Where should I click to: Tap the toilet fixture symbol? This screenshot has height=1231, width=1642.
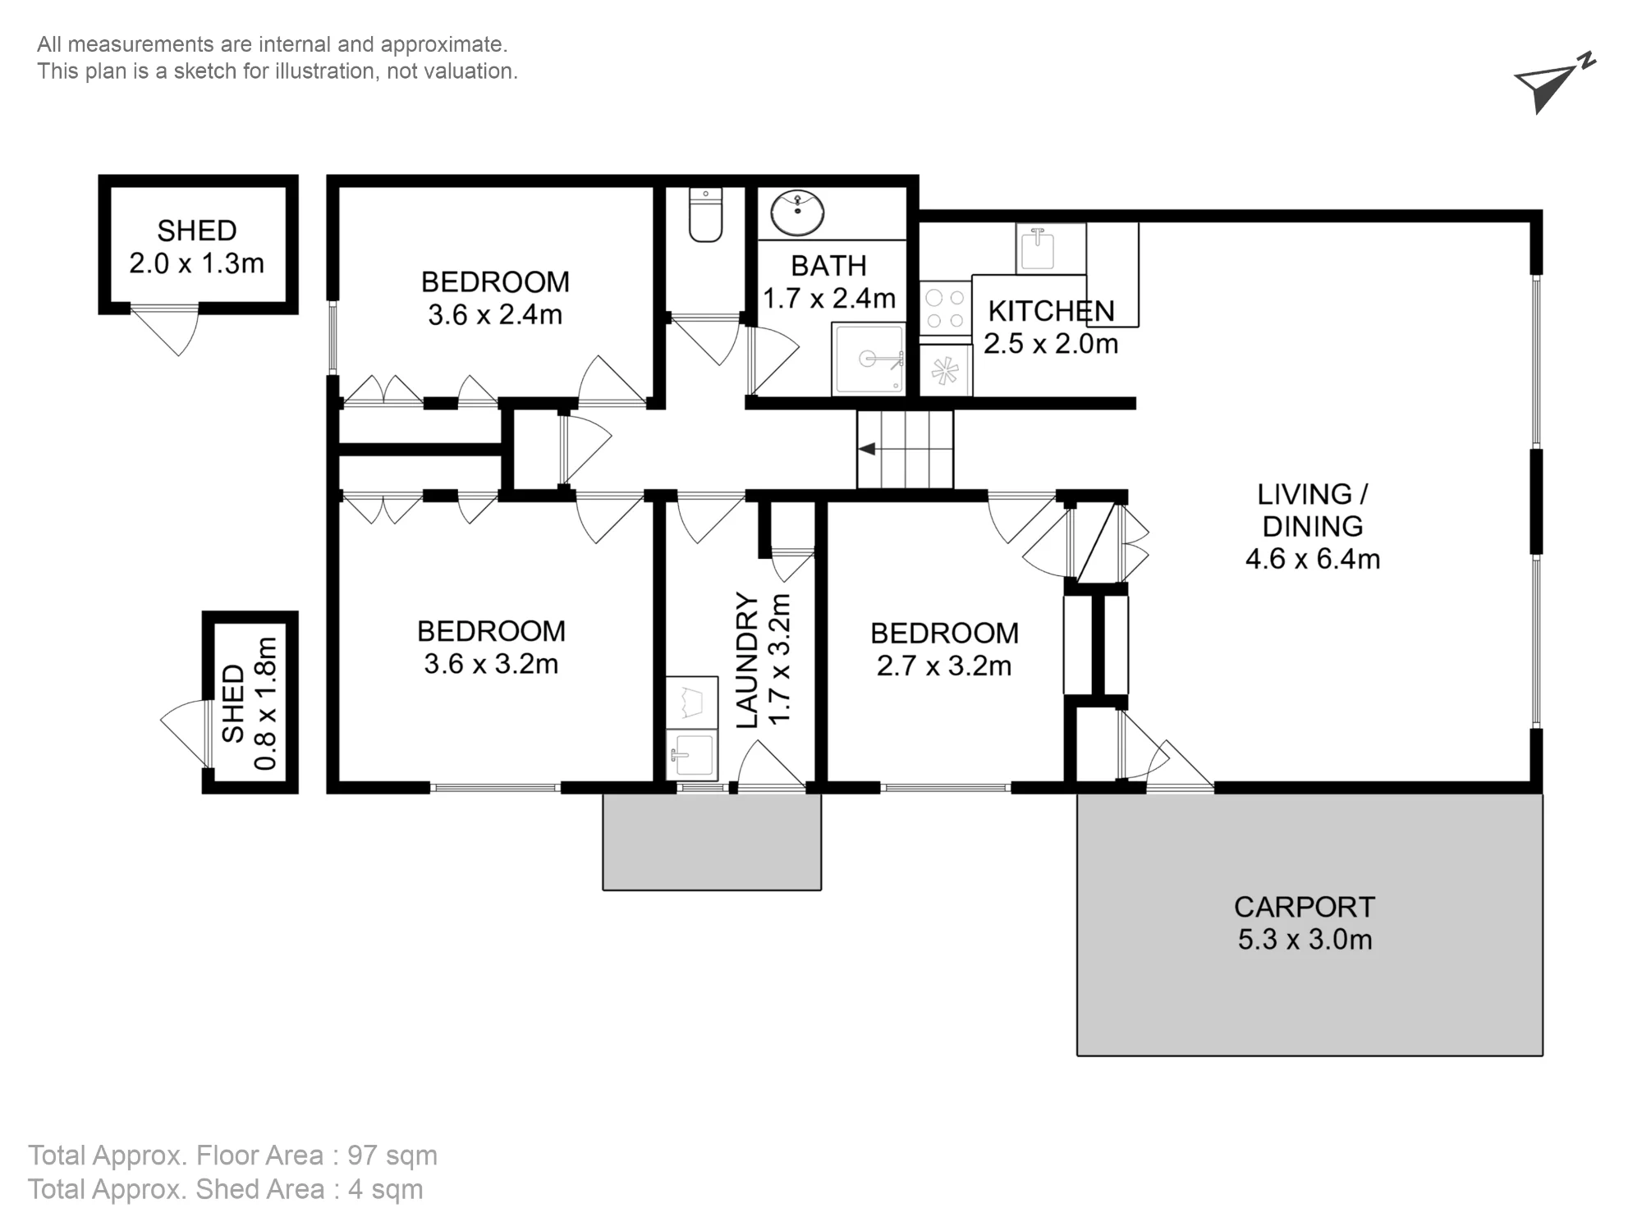pyautogui.click(x=705, y=215)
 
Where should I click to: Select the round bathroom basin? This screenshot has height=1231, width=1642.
pyautogui.click(x=797, y=213)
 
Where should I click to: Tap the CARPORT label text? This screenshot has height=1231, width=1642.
pyautogui.click(x=1304, y=907)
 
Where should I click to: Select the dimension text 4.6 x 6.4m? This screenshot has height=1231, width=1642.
pyautogui.click(x=1312, y=559)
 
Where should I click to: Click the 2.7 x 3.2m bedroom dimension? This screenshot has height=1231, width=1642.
pyautogui.click(x=944, y=666)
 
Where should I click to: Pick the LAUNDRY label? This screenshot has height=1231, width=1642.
pyautogui.click(x=747, y=660)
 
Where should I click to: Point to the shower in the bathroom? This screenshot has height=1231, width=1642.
pyautogui.click(x=869, y=359)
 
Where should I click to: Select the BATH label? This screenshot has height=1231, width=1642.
pyautogui.click(x=828, y=266)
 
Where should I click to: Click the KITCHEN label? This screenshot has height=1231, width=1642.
pyautogui.click(x=1051, y=311)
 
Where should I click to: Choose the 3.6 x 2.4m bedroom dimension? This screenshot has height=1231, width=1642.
pyautogui.click(x=495, y=314)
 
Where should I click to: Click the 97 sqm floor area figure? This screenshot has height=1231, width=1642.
pyautogui.click(x=392, y=1155)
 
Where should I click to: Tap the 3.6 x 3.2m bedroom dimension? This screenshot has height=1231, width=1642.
pyautogui.click(x=491, y=663)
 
